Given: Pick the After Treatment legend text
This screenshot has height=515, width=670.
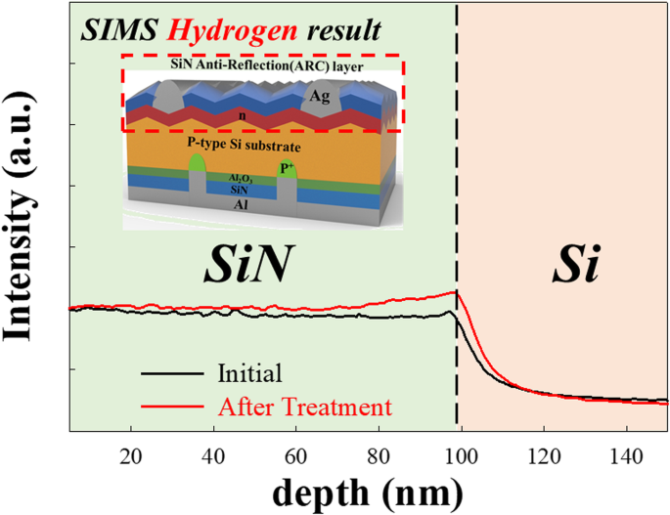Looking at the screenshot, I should [306, 404].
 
